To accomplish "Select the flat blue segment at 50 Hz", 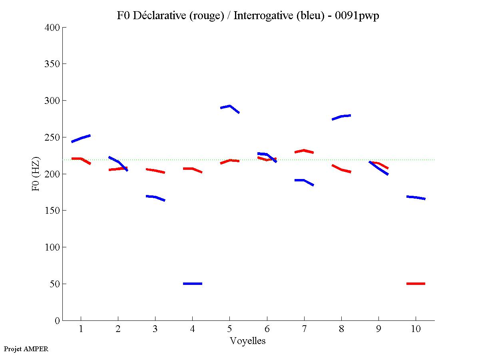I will click(193, 284).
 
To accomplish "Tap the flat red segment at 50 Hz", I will click(416, 284).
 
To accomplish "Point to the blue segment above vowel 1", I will click(81, 138).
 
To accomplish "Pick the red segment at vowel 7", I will click(304, 151).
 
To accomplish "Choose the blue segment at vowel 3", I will click(155, 197).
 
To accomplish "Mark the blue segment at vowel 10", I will click(416, 197).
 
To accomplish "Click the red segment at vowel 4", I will click(193, 169).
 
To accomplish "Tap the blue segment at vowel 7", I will click(304, 181).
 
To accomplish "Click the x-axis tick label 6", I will click(267, 329).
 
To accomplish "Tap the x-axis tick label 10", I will click(416, 329).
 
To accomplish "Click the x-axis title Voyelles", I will click(248, 341).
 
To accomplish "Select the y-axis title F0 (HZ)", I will click(36, 174).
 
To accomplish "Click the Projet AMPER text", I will click(26, 349).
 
